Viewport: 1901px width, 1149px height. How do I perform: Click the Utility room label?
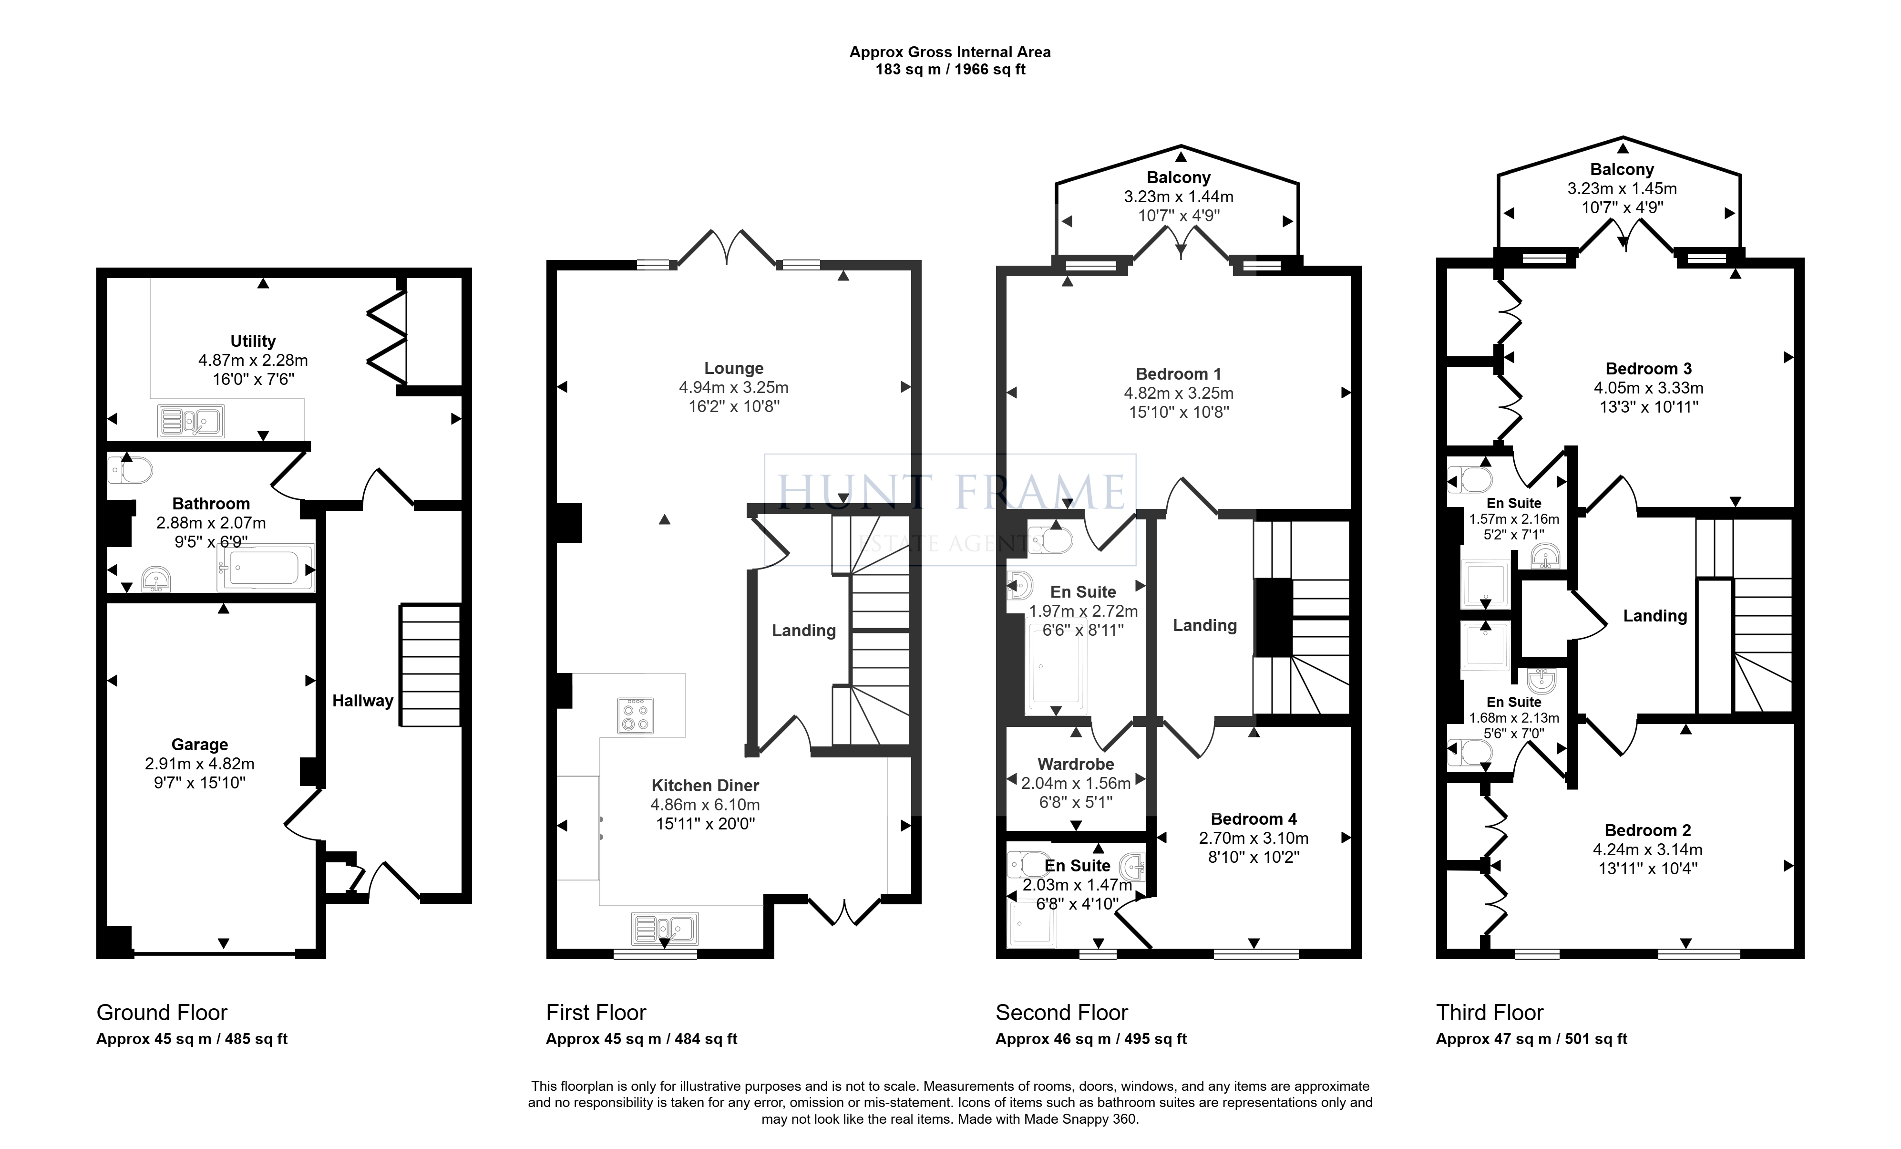(x=253, y=341)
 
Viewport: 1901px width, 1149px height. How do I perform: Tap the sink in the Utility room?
(x=191, y=421)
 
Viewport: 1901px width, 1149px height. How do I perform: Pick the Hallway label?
(x=363, y=701)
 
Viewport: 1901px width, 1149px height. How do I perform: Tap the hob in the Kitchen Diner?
(x=637, y=714)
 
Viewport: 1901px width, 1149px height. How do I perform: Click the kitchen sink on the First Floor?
(x=665, y=928)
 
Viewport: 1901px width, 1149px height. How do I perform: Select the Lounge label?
(x=734, y=368)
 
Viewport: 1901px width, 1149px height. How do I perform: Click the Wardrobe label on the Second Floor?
(x=1076, y=764)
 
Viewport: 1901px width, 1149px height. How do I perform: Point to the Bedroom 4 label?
(x=1254, y=819)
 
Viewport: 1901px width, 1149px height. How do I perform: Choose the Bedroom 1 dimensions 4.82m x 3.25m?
(x=1179, y=393)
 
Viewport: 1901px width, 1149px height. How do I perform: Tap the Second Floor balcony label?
(x=1179, y=177)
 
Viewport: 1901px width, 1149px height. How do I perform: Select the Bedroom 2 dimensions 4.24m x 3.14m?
(x=1648, y=849)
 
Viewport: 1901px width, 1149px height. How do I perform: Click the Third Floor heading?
(x=1490, y=1013)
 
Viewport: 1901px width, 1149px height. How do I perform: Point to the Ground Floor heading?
(x=162, y=1013)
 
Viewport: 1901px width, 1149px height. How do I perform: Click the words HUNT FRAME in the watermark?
(x=951, y=491)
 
